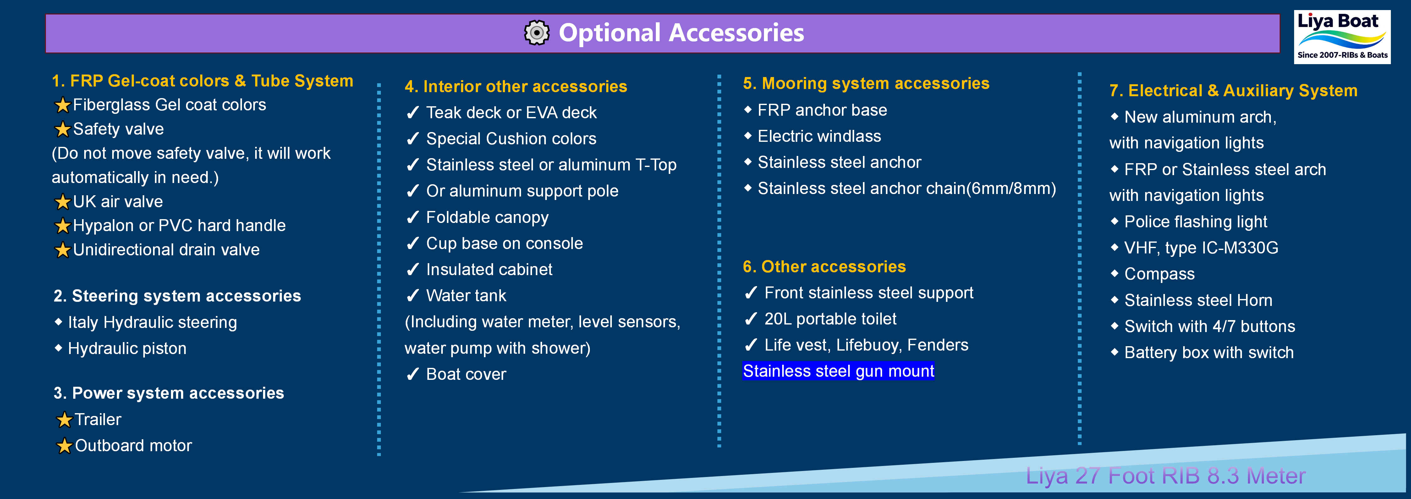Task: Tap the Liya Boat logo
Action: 1342,37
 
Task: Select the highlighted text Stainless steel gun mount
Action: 838,371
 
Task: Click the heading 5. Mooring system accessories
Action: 866,83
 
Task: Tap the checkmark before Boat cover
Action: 412,374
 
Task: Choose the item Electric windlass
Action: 819,136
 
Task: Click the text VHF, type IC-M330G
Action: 1201,248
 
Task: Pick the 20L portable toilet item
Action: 830,319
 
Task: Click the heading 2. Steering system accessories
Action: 177,296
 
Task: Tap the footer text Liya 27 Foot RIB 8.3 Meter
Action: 1165,475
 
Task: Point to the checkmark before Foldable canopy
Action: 412,218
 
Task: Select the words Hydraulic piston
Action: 127,349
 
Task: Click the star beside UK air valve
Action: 63,202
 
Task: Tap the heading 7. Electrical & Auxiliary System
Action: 1233,91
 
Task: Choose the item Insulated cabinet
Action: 489,270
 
